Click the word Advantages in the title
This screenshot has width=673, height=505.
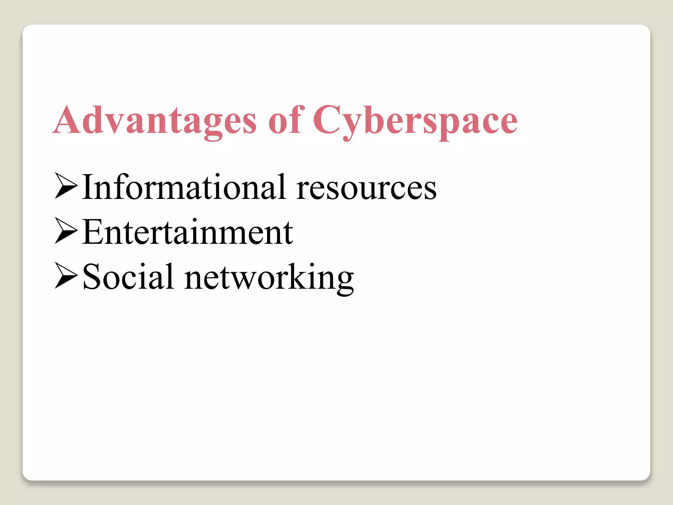pyautogui.click(x=154, y=120)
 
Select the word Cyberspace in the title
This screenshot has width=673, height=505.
pyautogui.click(x=415, y=120)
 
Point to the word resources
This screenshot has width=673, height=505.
pyautogui.click(x=366, y=189)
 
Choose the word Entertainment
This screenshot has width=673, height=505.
pyautogui.click(x=187, y=232)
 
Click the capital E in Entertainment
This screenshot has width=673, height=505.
pyautogui.click(x=93, y=232)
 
